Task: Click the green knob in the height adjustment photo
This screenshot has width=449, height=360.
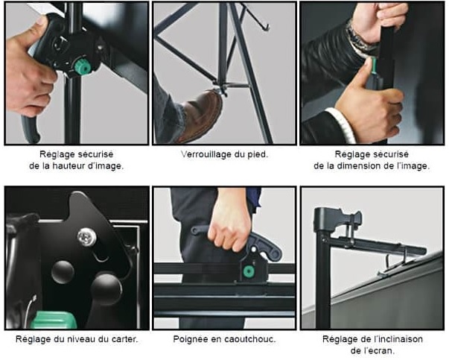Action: tap(83, 66)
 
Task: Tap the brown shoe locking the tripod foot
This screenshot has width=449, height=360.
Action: tap(200, 116)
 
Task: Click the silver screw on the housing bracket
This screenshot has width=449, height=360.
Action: tap(86, 237)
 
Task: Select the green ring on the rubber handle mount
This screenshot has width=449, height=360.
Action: tap(248, 271)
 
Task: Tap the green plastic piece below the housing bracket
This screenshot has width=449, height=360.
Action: tap(54, 320)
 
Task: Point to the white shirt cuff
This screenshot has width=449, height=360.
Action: tap(342, 124)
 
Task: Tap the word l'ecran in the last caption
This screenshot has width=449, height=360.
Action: tap(372, 351)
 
